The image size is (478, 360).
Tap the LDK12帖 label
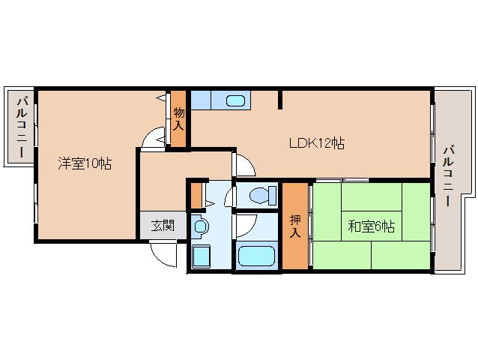[x=316, y=142]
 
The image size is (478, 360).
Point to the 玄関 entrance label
[x=162, y=225]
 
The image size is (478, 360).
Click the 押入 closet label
[x=295, y=226]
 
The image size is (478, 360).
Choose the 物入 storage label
[x=178, y=119]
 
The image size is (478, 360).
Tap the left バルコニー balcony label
[x=22, y=127]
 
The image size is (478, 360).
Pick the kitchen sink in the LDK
[x=235, y=100]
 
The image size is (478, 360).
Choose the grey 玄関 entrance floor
[x=162, y=226]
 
